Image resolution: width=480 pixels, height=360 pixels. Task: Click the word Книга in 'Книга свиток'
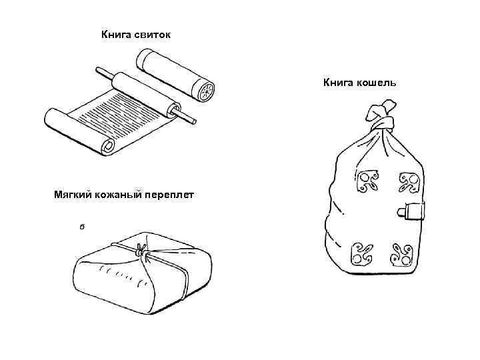coord(115,33)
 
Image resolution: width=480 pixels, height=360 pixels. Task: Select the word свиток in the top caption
coord(151,33)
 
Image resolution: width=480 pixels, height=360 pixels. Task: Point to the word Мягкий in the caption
coord(73,195)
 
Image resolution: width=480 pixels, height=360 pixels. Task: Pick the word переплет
coord(169,195)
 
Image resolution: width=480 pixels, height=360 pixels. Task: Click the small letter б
coord(81,227)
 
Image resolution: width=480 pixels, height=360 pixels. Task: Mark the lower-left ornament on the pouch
coord(363,253)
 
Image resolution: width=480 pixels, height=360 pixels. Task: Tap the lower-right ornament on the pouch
coord(403,254)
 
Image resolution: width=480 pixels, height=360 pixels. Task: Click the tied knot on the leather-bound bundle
coord(141,251)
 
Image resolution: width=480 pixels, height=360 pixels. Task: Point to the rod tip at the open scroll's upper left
coord(100,69)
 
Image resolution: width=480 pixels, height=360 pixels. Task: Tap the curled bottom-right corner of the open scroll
coord(106,145)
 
